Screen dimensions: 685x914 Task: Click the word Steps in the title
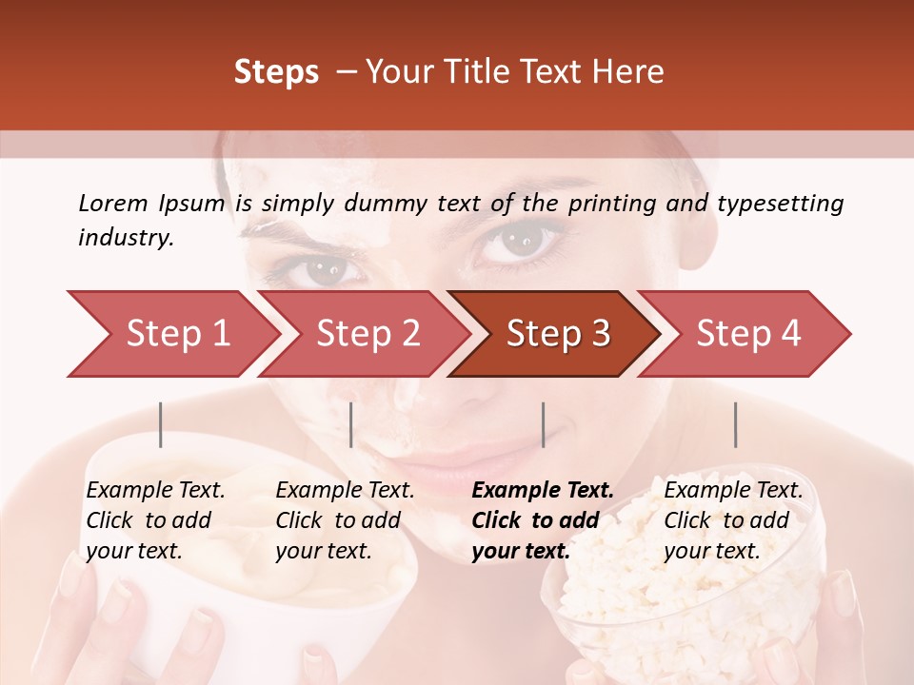pyautogui.click(x=276, y=72)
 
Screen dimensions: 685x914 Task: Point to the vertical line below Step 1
pyautogui.click(x=161, y=424)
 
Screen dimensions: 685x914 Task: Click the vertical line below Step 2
pyautogui.click(x=351, y=424)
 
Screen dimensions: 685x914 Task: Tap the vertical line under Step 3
pyautogui.click(x=543, y=424)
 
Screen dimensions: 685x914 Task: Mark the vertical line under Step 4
pyautogui.click(x=735, y=424)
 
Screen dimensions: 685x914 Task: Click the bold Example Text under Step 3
pyautogui.click(x=543, y=491)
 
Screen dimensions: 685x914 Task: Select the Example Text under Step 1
pyautogui.click(x=155, y=491)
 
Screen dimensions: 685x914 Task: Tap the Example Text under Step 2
pyautogui.click(x=345, y=491)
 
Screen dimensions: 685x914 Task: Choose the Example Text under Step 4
pyautogui.click(x=733, y=491)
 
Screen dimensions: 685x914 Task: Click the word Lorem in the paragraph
pyautogui.click(x=113, y=204)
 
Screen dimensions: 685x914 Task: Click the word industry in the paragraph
pyautogui.click(x=126, y=238)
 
